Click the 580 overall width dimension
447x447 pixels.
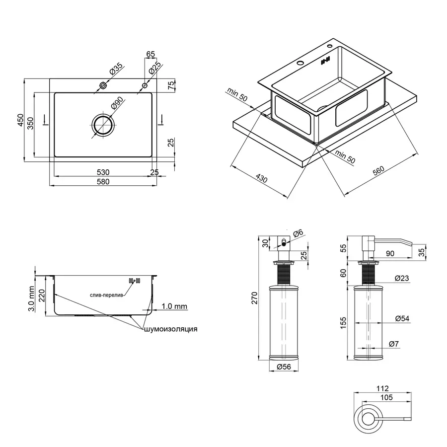pyautogui.click(x=103, y=182)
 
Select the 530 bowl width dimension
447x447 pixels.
pyautogui.click(x=103, y=172)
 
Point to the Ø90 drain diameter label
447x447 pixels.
pyautogui.click(x=117, y=104)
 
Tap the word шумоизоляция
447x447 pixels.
pyautogui.click(x=171, y=329)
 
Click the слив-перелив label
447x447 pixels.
pyautogui.click(x=107, y=295)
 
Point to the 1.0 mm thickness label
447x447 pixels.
pyautogui.click(x=174, y=306)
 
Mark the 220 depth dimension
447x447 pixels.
pyautogui.click(x=42, y=296)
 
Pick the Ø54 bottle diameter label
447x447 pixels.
pyautogui.click(x=402, y=319)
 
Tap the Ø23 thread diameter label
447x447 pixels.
pyautogui.click(x=402, y=279)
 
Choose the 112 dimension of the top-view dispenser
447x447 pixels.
pyautogui.click(x=382, y=388)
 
